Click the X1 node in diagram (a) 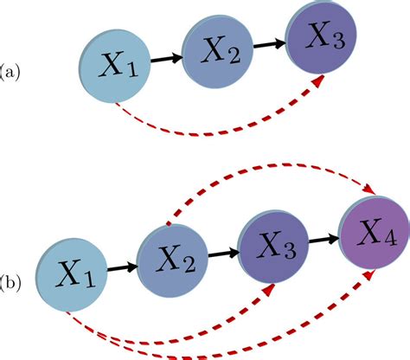[x=115, y=66]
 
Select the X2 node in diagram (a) [x=217, y=52]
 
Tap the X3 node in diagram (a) [x=321, y=37]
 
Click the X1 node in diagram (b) [x=72, y=275]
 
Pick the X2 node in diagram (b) [x=172, y=261]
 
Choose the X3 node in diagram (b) [x=273, y=247]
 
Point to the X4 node [x=375, y=233]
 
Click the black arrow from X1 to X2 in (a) [x=166, y=59]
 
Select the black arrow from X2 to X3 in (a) [x=269, y=44]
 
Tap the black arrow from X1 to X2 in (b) [x=122, y=268]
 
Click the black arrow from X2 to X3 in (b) [x=223, y=254]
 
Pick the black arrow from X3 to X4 [x=324, y=240]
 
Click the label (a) [x=10, y=72]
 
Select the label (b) [x=10, y=283]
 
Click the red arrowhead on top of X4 [x=369, y=190]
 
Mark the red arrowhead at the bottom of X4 [x=369, y=275]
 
